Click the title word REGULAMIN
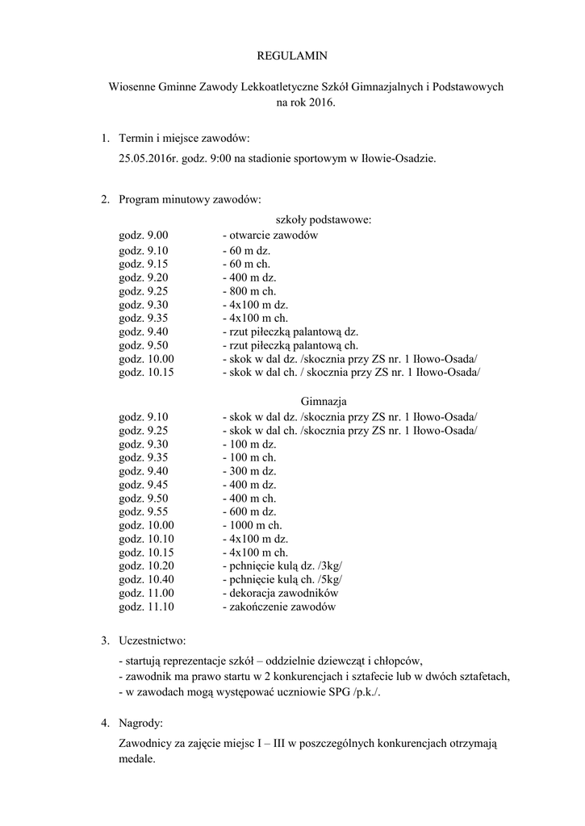(292, 56)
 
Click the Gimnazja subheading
(324, 401)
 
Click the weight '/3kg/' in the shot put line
(330, 566)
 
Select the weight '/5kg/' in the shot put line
(330, 580)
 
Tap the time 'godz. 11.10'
(147, 607)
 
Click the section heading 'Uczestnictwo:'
(152, 641)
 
